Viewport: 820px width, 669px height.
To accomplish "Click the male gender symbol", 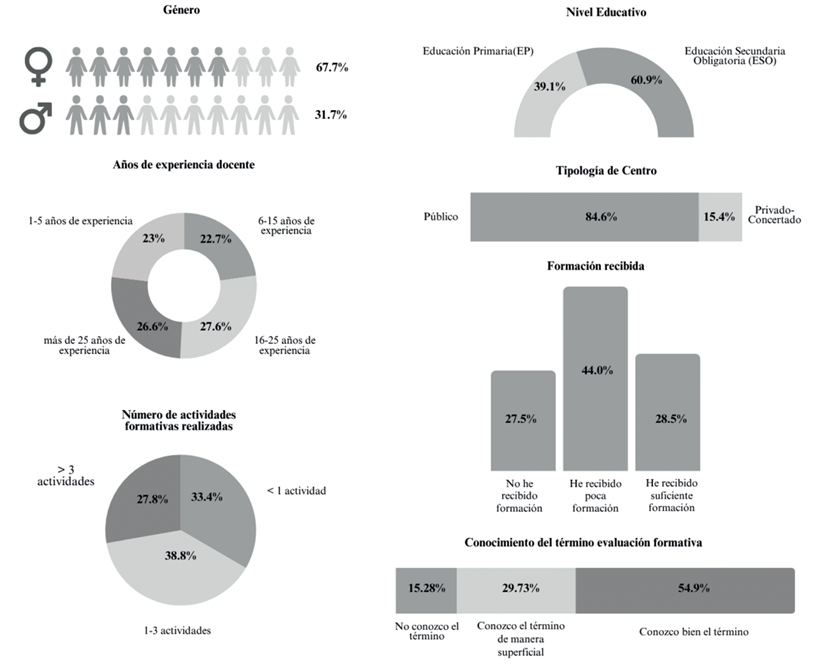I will pyautogui.click(x=37, y=117).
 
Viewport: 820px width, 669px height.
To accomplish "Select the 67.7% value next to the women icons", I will pyautogui.click(x=330, y=67).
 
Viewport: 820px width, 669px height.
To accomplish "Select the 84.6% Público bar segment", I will pyautogui.click(x=583, y=216).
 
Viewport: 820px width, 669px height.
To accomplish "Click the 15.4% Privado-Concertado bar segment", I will pyautogui.click(x=720, y=216).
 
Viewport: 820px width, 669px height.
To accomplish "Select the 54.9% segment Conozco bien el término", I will pyautogui.click(x=685, y=590).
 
